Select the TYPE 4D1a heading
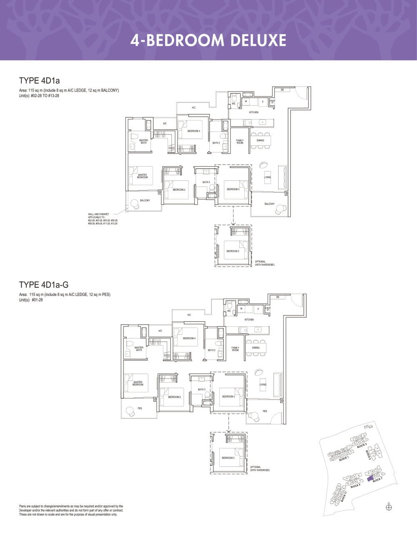point(39,80)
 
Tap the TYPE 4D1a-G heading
point(44,285)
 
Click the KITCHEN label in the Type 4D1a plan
point(254,112)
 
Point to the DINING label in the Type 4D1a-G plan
point(256,348)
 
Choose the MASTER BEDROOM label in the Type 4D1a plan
point(142,176)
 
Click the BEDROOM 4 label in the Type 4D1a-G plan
point(189,338)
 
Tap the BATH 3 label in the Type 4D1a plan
point(206,182)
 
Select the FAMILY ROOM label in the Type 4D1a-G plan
point(235,349)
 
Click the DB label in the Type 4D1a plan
point(282,90)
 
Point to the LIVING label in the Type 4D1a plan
point(267,177)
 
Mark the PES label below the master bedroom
point(140,408)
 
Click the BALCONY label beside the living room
point(269,204)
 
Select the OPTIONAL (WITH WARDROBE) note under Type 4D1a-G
point(260,468)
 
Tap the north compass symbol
point(389,507)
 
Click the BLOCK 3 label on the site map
point(362,446)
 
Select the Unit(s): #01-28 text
point(31,300)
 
